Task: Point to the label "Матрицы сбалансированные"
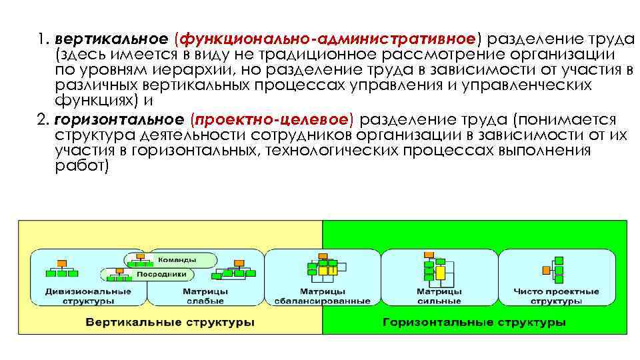tap(322, 296)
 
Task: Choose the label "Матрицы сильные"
tap(439, 296)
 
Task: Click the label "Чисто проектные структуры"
tap(557, 296)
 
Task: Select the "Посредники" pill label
tap(161, 274)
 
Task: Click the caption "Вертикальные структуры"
tap(170, 323)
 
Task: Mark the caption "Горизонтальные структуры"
tap(474, 323)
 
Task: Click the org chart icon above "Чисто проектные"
tap(555, 270)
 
